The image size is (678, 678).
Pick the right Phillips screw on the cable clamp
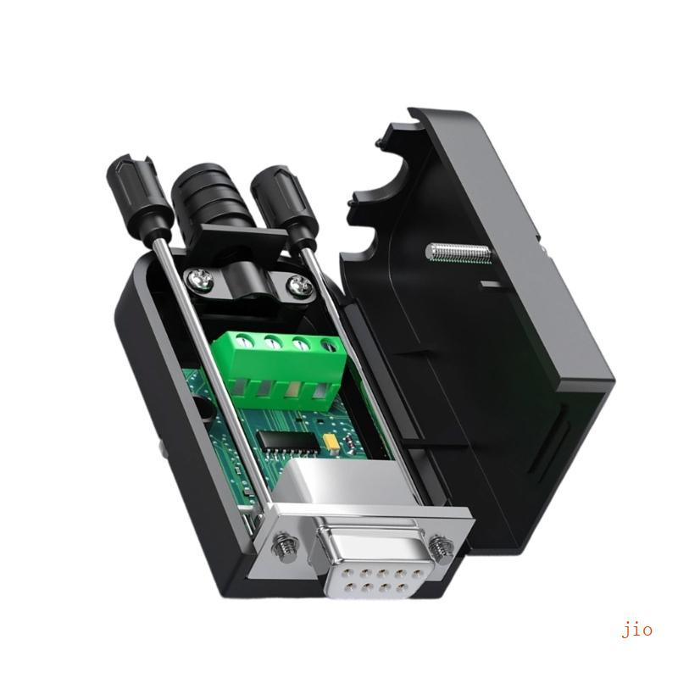point(298,286)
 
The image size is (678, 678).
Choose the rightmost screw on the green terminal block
point(327,344)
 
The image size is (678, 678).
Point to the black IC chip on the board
point(281,438)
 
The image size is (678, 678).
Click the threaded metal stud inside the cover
point(458,252)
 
